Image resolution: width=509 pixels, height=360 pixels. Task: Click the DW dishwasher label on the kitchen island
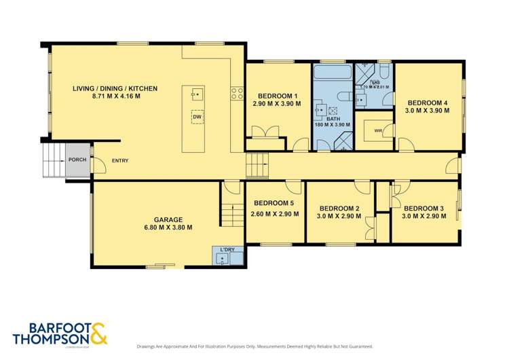coord(197,118)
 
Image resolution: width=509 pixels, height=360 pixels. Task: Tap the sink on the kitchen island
coord(196,94)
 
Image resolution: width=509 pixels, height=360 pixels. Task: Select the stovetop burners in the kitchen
coord(237,93)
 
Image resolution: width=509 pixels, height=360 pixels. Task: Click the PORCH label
coord(76,160)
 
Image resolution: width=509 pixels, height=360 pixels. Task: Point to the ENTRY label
coord(119,160)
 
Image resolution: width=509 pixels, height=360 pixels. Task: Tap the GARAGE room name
coord(168,219)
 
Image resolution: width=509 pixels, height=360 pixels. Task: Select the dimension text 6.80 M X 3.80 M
coord(168,228)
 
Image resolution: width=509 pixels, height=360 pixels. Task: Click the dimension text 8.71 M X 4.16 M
coord(115,97)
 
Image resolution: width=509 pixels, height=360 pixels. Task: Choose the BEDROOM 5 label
coord(274,203)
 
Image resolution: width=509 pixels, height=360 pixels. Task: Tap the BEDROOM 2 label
coord(339,208)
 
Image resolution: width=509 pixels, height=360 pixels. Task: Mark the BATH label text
coord(333,118)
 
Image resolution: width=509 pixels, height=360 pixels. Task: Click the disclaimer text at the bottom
coord(254,346)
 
